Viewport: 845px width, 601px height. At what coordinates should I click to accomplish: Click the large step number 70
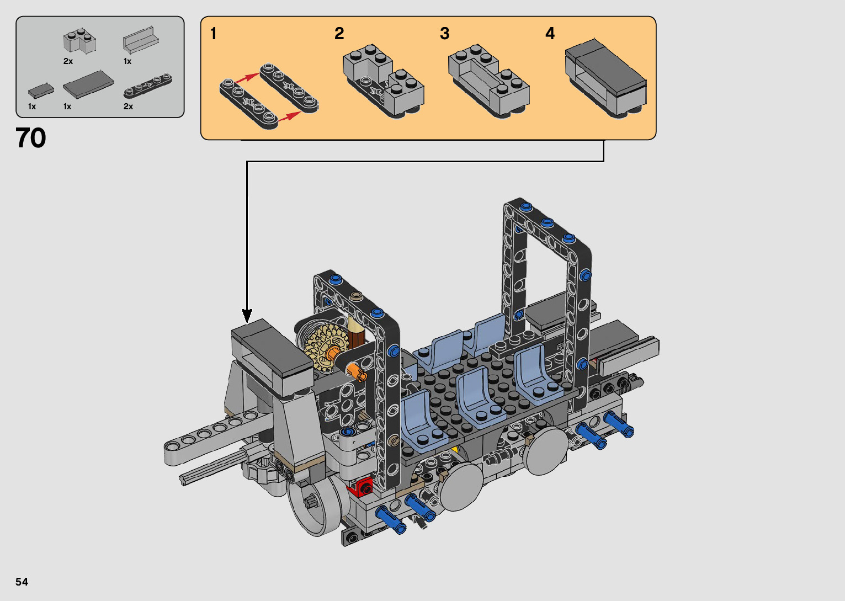pyautogui.click(x=30, y=138)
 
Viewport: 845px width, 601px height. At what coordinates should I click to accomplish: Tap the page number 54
pyautogui.click(x=22, y=581)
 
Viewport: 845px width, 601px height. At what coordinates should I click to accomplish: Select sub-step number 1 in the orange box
pyautogui.click(x=214, y=33)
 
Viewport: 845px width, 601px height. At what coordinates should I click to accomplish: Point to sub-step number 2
pyautogui.click(x=339, y=33)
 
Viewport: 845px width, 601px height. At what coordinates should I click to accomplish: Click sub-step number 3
pyautogui.click(x=445, y=33)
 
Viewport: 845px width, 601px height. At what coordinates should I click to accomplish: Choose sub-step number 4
pyautogui.click(x=550, y=33)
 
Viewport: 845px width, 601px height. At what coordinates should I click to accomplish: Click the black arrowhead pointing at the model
pyautogui.click(x=247, y=316)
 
